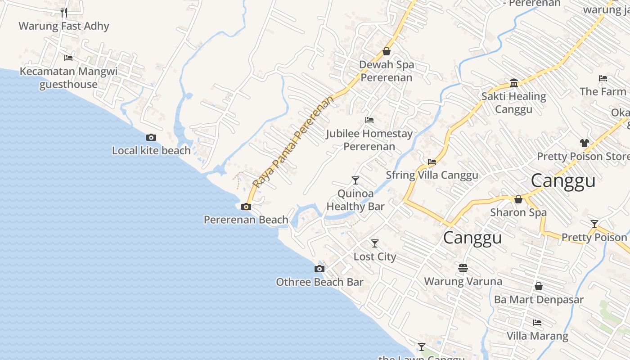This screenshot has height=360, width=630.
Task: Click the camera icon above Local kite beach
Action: tap(151, 138)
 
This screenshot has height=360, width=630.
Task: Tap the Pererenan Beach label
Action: tap(246, 220)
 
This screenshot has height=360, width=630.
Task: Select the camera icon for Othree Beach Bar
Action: tap(319, 269)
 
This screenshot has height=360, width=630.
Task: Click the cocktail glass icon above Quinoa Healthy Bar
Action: tap(355, 180)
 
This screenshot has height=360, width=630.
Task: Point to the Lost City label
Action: tap(374, 256)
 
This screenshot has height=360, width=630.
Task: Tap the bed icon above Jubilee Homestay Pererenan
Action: tap(369, 120)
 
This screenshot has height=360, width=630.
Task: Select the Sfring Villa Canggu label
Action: tap(432, 175)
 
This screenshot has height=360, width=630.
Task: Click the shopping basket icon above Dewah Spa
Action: tap(386, 51)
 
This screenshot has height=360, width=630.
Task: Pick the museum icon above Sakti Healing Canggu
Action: tap(514, 83)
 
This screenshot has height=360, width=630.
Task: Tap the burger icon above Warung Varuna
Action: tap(463, 268)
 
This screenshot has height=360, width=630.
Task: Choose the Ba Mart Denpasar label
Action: tap(539, 299)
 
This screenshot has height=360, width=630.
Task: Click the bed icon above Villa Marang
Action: tap(537, 323)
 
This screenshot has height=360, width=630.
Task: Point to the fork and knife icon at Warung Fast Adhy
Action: tap(64, 12)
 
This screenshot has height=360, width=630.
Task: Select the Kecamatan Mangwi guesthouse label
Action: tap(68, 78)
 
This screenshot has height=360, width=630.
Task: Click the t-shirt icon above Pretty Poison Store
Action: tap(584, 143)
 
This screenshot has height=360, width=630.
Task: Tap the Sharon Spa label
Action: tap(518, 212)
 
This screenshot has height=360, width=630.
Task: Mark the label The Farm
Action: tap(603, 91)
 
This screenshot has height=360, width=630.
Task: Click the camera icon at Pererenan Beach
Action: tap(246, 207)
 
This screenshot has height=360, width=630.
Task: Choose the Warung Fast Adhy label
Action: tap(64, 26)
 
